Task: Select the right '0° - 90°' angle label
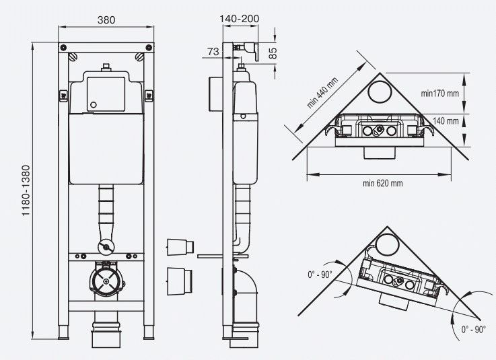474,330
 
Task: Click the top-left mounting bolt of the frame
63,48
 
